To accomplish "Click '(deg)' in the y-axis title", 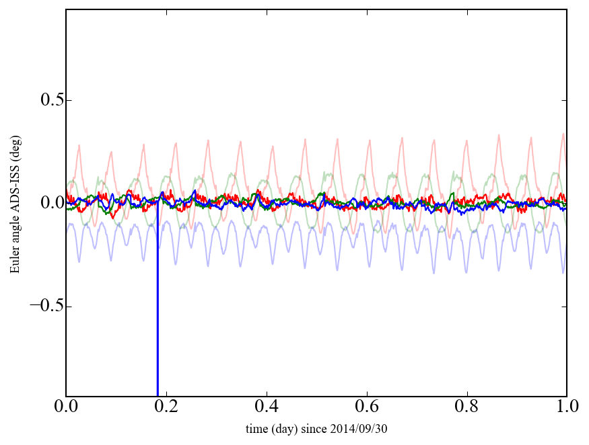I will (x=14, y=145).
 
